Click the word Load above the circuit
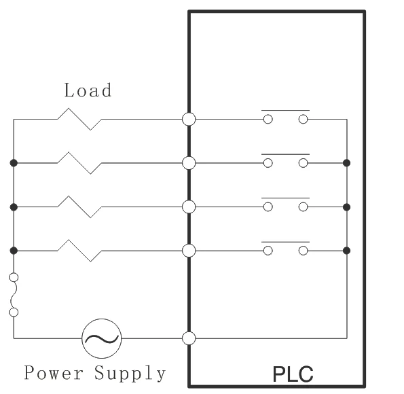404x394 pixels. [x=88, y=90]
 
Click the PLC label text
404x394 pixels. [x=293, y=374]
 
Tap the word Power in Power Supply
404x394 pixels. [x=54, y=372]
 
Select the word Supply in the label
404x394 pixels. [x=130, y=374]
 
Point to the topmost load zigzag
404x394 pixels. [x=79, y=119]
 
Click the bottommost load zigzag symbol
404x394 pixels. [x=79, y=251]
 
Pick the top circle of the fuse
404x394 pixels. [x=14, y=277]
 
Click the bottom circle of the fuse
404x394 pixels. [x=14, y=312]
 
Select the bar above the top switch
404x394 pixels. [x=285, y=110]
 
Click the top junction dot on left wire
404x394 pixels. [x=14, y=163]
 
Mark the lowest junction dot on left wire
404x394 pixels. [x=14, y=251]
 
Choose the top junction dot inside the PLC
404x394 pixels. [x=347, y=163]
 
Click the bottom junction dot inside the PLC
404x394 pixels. [x=347, y=251]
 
